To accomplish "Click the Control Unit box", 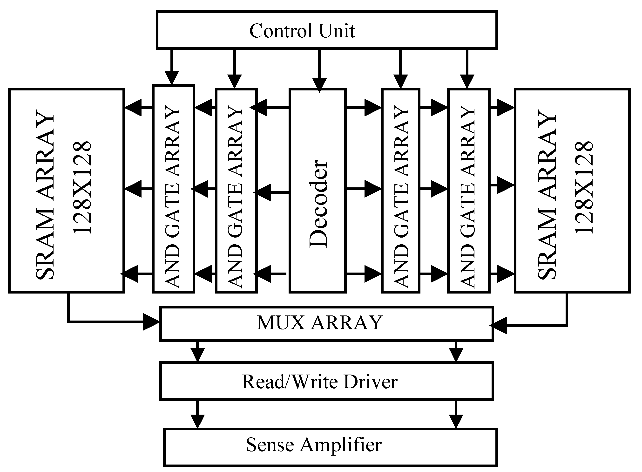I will [x=327, y=30].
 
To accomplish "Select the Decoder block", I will [x=318, y=191].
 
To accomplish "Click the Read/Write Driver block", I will [x=327, y=381].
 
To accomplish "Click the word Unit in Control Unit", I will [x=337, y=31].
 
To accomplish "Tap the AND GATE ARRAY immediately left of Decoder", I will [x=236, y=191].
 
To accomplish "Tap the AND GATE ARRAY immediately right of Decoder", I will [x=401, y=191].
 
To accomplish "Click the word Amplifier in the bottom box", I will [x=340, y=445].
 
